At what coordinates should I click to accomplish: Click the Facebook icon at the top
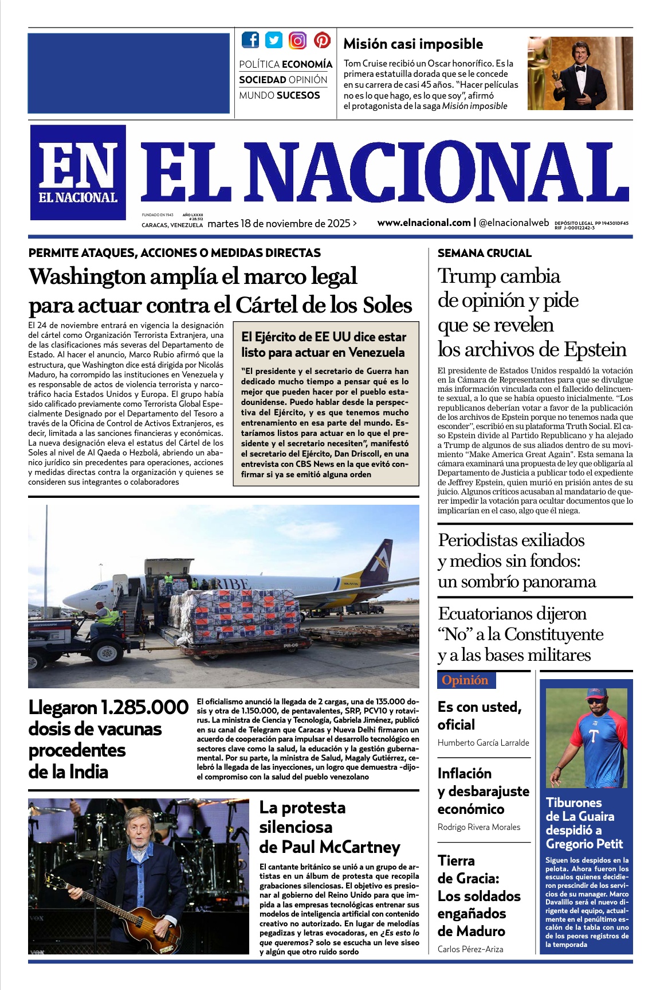(250, 40)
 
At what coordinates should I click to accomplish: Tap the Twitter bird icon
(274, 40)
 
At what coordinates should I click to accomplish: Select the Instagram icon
(297, 40)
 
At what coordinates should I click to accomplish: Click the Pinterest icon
(322, 40)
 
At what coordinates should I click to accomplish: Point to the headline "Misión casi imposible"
(413, 44)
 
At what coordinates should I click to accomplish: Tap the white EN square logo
(78, 172)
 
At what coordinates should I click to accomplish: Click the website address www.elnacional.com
(423, 223)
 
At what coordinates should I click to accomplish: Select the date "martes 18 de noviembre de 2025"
(279, 224)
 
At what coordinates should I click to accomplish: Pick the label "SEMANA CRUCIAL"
(484, 253)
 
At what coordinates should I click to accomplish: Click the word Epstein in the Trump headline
(595, 349)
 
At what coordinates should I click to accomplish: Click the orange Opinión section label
(465, 680)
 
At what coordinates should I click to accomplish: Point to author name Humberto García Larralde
(483, 743)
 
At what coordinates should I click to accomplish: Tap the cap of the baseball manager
(596, 693)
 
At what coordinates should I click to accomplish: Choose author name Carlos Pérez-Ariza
(470, 949)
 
